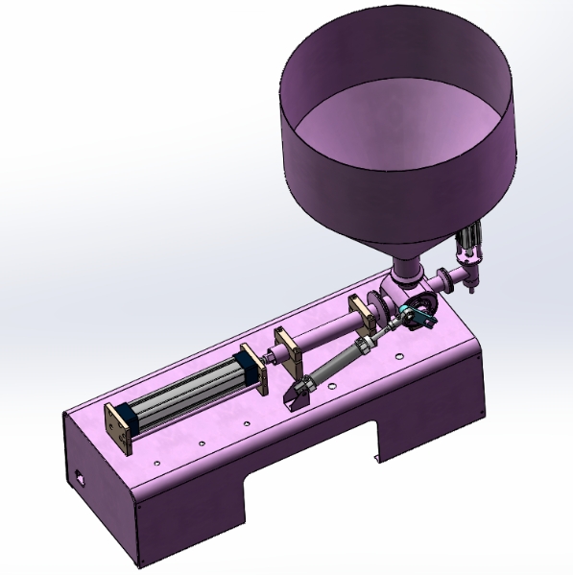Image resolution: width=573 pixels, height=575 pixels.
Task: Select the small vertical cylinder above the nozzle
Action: point(470,241)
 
